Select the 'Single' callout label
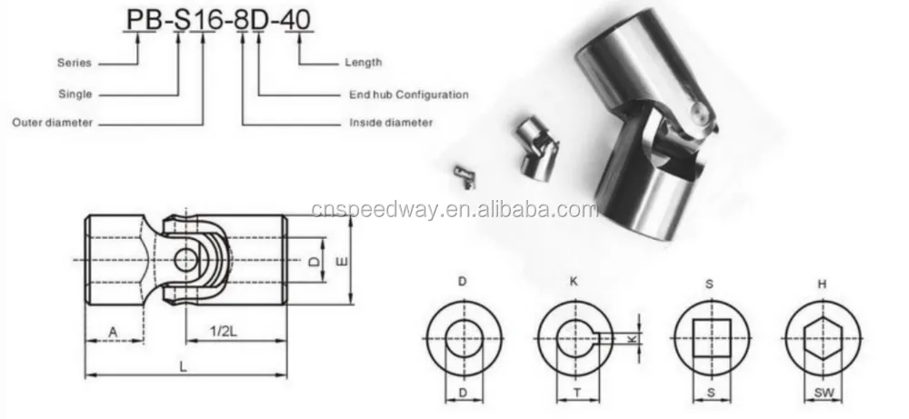(76, 94)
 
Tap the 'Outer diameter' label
(52, 123)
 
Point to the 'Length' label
(363, 64)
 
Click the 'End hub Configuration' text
(408, 94)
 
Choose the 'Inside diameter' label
(391, 123)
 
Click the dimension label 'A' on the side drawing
(113, 333)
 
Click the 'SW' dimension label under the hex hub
(823, 394)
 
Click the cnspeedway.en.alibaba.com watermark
(454, 211)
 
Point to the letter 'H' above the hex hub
(823, 283)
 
